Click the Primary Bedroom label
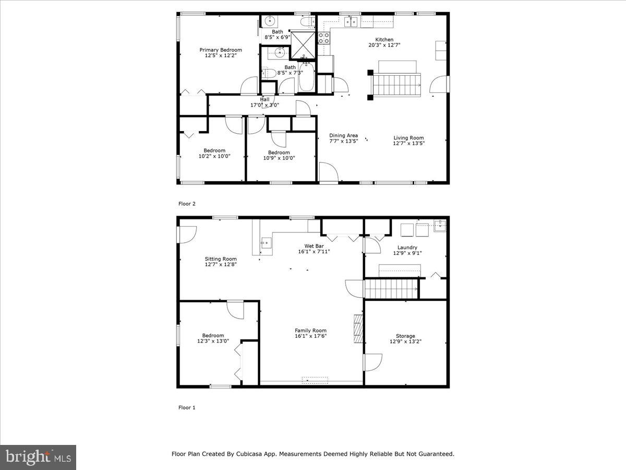(221, 50)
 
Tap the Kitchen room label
(384, 40)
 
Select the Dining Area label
(343, 136)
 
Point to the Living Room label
(408, 138)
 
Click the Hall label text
(264, 99)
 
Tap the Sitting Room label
(220, 259)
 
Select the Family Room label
(310, 331)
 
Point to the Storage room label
(405, 336)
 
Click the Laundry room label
(407, 248)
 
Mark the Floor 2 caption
(187, 204)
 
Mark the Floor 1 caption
(187, 407)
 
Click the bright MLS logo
(38, 457)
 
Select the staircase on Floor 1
(391, 288)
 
